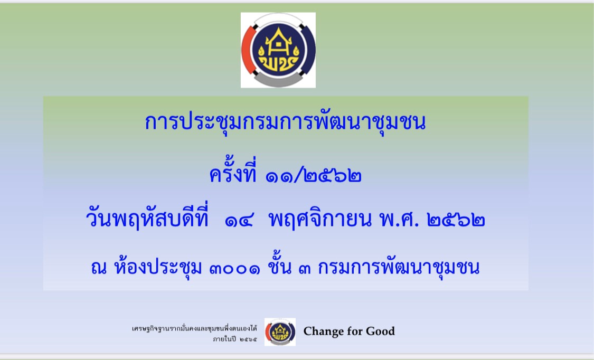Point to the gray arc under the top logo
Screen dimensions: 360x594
coord(278,81)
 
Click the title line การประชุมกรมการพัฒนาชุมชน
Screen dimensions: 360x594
coord(285,122)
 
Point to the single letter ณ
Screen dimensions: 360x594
coord(99,268)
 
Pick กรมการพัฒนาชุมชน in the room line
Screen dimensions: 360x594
coord(399,268)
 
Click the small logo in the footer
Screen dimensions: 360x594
coord(280,332)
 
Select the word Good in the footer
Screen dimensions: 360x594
coord(380,331)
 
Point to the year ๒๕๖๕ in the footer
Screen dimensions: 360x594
coord(248,338)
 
